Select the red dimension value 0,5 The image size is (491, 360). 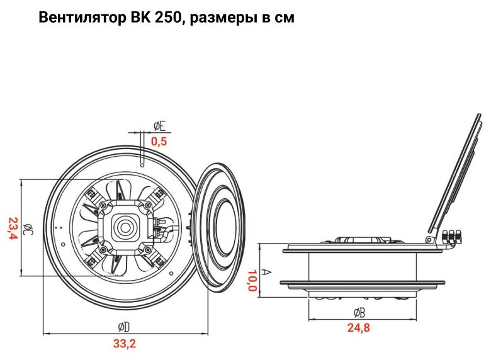159,142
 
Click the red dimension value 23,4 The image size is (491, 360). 13,228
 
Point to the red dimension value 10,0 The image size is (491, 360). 252,281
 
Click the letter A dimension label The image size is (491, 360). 266,272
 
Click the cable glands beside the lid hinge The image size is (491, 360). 453,237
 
